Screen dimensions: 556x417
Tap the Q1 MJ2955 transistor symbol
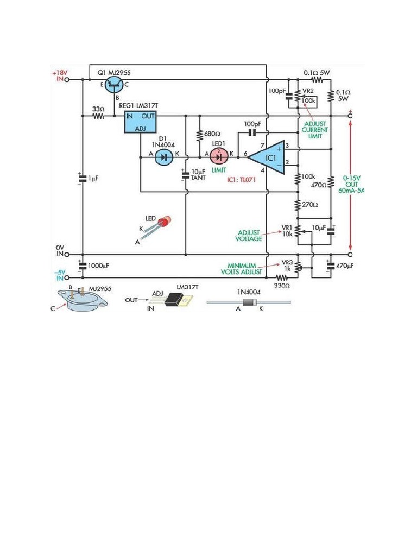tap(115, 83)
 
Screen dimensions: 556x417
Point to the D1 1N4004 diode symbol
tap(163, 156)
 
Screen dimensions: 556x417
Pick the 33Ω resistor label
tap(98, 109)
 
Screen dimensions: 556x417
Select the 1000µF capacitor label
tap(98, 266)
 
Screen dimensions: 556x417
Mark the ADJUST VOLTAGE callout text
tap(250, 235)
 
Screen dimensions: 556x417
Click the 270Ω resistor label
tap(311, 205)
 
